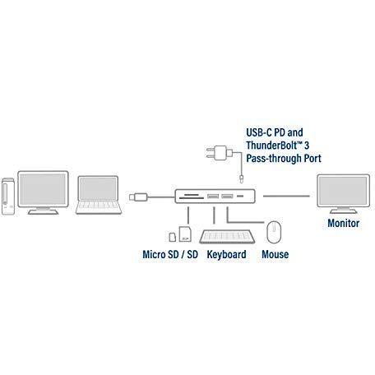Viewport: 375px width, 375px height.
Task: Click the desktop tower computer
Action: point(8,197)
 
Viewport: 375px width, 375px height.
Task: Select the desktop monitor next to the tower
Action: point(43,192)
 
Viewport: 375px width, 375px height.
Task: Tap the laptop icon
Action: point(99,195)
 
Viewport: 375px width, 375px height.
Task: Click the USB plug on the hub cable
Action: point(138,197)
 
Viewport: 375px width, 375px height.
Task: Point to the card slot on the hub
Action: point(191,197)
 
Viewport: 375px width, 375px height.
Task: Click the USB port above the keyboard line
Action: point(213,197)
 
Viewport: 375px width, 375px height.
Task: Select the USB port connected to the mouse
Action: point(227,197)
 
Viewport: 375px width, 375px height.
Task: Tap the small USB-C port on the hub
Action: point(240,197)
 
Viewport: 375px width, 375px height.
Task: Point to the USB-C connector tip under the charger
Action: point(241,178)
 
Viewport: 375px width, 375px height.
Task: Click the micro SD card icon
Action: point(173,237)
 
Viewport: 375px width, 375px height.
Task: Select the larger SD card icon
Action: point(185,234)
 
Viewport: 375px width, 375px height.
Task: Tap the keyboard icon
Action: point(227,237)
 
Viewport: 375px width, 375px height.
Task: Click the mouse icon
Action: point(274,232)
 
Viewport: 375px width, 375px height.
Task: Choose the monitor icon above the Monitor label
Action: point(343,194)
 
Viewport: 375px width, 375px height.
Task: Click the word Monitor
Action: point(343,223)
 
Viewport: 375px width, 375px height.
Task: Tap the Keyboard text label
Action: point(226,255)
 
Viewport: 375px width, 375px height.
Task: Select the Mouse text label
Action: point(275,254)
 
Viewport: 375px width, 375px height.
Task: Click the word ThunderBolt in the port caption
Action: point(267,146)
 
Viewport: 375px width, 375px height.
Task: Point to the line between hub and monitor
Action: point(286,197)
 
